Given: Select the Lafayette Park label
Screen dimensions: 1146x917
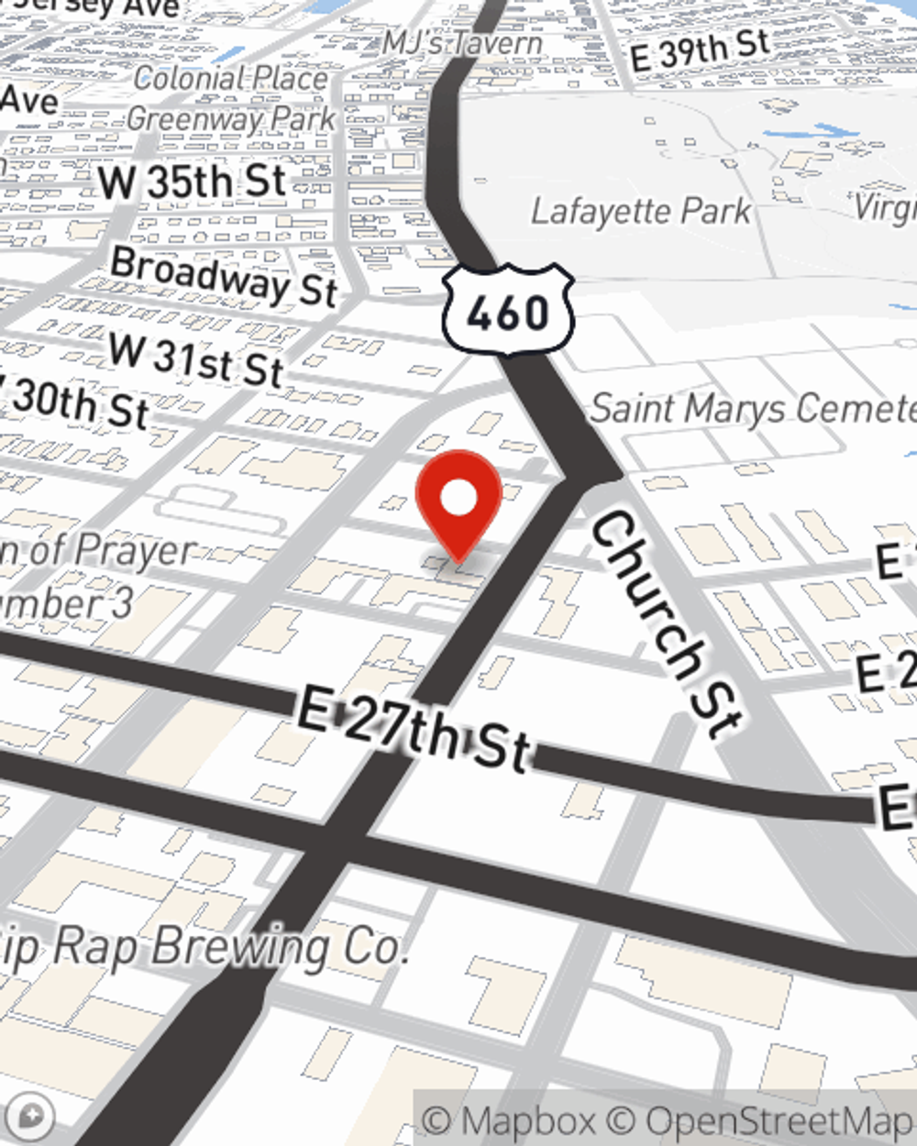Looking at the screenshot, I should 641,212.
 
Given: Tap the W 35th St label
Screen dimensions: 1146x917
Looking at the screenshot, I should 193,182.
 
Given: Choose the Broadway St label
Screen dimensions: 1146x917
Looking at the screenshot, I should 225,276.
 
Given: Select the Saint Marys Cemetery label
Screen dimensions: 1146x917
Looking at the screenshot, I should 752,408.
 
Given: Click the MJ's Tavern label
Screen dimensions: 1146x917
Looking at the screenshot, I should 463,42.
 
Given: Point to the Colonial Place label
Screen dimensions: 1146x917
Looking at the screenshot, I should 230,79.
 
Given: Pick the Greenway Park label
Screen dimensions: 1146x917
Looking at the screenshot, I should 232,118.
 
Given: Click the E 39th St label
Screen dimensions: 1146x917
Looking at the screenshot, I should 700,50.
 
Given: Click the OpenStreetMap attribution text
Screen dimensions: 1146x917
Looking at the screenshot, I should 778,1120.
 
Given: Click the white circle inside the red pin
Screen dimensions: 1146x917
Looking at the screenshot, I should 458,498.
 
